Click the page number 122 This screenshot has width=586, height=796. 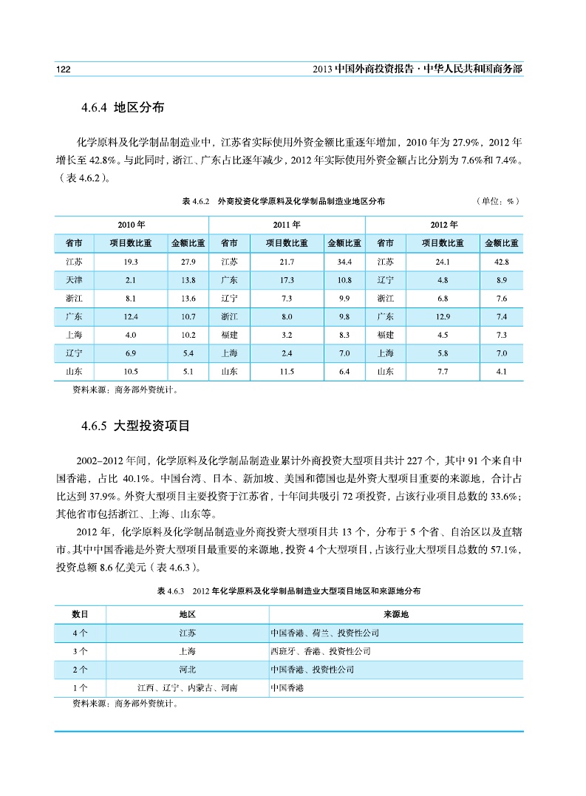click(x=63, y=69)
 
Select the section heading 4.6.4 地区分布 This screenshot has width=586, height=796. click(x=122, y=108)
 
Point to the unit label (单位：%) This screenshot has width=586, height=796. click(x=500, y=201)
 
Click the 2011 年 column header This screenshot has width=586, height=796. click(x=287, y=225)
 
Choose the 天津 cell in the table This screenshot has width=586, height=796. click(x=74, y=280)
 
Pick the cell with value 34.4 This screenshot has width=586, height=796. click(x=344, y=262)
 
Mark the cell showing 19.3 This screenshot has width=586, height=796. click(x=132, y=262)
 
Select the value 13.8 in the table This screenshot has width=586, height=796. click(x=188, y=280)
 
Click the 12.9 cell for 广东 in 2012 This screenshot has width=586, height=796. click(x=443, y=316)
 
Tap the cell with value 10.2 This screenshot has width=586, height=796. click(x=188, y=335)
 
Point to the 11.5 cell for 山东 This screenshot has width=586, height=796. click(x=287, y=371)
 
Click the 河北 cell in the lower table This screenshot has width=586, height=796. click(x=188, y=670)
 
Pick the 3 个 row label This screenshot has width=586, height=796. click(x=81, y=652)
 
